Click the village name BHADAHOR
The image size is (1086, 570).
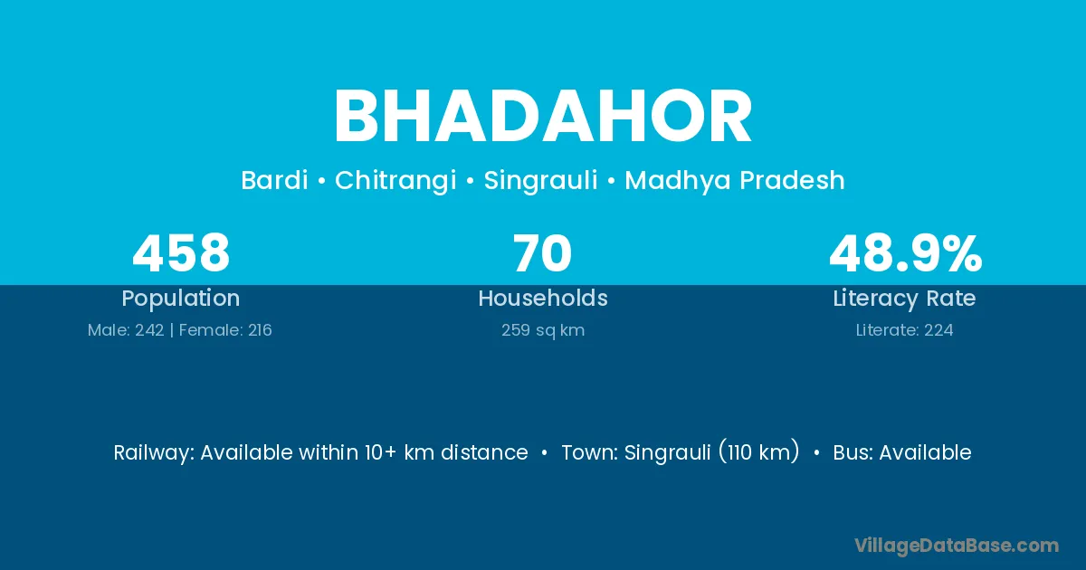pyautogui.click(x=543, y=117)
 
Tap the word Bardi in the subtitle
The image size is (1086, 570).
pyautogui.click(x=274, y=180)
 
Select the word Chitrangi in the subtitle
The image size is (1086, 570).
pyautogui.click(x=395, y=181)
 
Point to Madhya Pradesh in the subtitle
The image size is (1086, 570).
pyautogui.click(x=735, y=181)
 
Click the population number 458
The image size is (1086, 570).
pyautogui.click(x=181, y=253)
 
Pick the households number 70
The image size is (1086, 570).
pyautogui.click(x=542, y=253)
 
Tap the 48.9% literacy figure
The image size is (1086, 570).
pyautogui.click(x=906, y=253)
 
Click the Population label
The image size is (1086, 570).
pyautogui.click(x=181, y=299)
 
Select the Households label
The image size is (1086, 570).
pyautogui.click(x=543, y=298)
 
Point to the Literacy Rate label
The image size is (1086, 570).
pyautogui.click(x=904, y=299)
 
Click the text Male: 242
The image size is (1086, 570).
pyautogui.click(x=126, y=330)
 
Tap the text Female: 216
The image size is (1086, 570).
pyautogui.click(x=225, y=330)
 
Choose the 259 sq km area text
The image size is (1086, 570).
pyautogui.click(x=543, y=330)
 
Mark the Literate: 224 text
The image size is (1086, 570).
pyautogui.click(x=905, y=330)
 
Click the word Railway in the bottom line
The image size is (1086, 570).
pyautogui.click(x=153, y=453)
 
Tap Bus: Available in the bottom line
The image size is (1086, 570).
pyautogui.click(x=902, y=452)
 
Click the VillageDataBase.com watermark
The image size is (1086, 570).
pyautogui.click(x=957, y=546)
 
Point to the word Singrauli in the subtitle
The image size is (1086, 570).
pyautogui.click(x=540, y=181)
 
